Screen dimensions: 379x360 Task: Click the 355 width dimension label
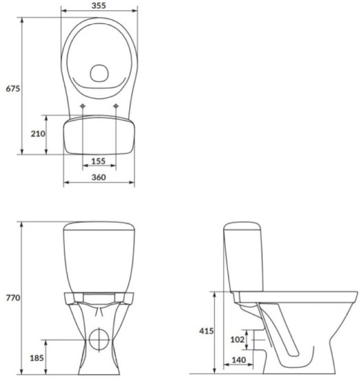point(98,6)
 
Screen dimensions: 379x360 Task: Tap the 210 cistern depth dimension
point(38,134)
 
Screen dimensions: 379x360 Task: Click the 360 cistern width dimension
point(98,178)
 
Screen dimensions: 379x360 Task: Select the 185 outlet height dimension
point(36,358)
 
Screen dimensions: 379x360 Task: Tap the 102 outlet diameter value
point(236,339)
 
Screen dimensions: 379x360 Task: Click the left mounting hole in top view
point(83,105)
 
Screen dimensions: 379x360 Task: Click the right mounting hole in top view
point(115,105)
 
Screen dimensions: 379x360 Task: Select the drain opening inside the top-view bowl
point(99,72)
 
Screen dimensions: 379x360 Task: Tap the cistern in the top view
point(98,135)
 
